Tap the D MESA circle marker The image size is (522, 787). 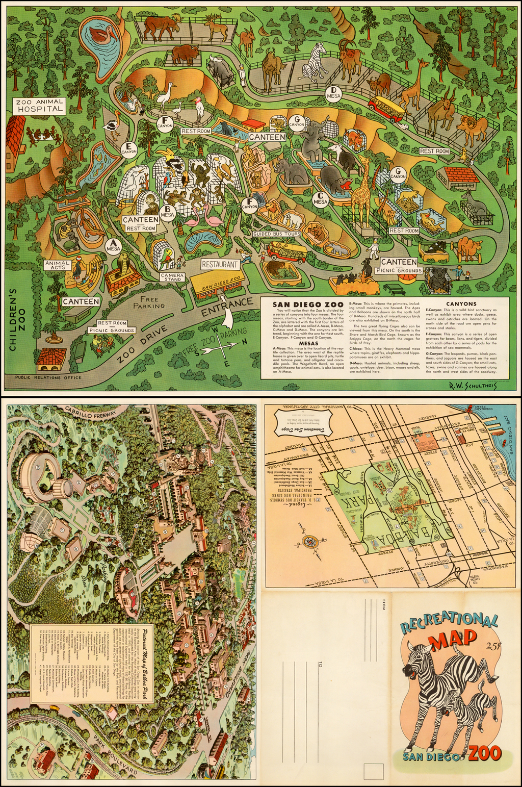[334, 93]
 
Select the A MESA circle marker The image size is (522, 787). [113, 246]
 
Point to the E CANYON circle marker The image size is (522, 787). [129, 148]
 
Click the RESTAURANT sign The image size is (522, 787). [220, 264]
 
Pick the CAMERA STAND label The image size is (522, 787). [172, 277]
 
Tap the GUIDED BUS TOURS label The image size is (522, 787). [276, 234]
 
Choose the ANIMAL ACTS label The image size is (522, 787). [58, 265]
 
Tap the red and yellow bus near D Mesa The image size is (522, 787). [386, 108]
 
